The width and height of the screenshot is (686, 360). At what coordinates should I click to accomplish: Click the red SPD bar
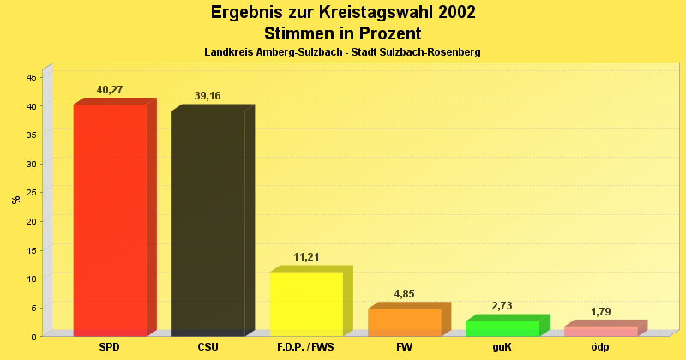110,219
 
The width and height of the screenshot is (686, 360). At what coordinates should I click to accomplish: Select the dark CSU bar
208,223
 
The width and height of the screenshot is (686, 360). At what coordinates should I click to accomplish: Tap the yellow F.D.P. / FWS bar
306,303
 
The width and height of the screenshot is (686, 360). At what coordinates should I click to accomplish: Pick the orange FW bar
405,321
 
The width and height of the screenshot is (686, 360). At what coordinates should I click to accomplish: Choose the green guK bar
502,327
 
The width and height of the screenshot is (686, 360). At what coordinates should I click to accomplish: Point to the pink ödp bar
600,331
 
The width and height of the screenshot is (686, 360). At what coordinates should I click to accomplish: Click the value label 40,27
110,89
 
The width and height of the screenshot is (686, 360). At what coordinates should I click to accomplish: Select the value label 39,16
208,96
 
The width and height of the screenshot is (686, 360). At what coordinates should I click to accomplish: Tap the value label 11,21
306,257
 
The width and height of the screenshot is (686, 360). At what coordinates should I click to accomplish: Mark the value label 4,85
404,294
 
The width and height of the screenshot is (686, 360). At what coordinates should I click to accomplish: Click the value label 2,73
502,306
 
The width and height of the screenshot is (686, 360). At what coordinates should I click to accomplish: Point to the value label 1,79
600,312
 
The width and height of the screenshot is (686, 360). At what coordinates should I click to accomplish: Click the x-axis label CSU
208,347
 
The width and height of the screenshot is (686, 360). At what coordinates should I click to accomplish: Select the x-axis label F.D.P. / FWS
306,347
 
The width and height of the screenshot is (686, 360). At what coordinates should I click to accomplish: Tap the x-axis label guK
502,347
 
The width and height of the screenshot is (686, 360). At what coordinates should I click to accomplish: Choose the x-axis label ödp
600,347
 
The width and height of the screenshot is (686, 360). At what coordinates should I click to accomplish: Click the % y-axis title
15,200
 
